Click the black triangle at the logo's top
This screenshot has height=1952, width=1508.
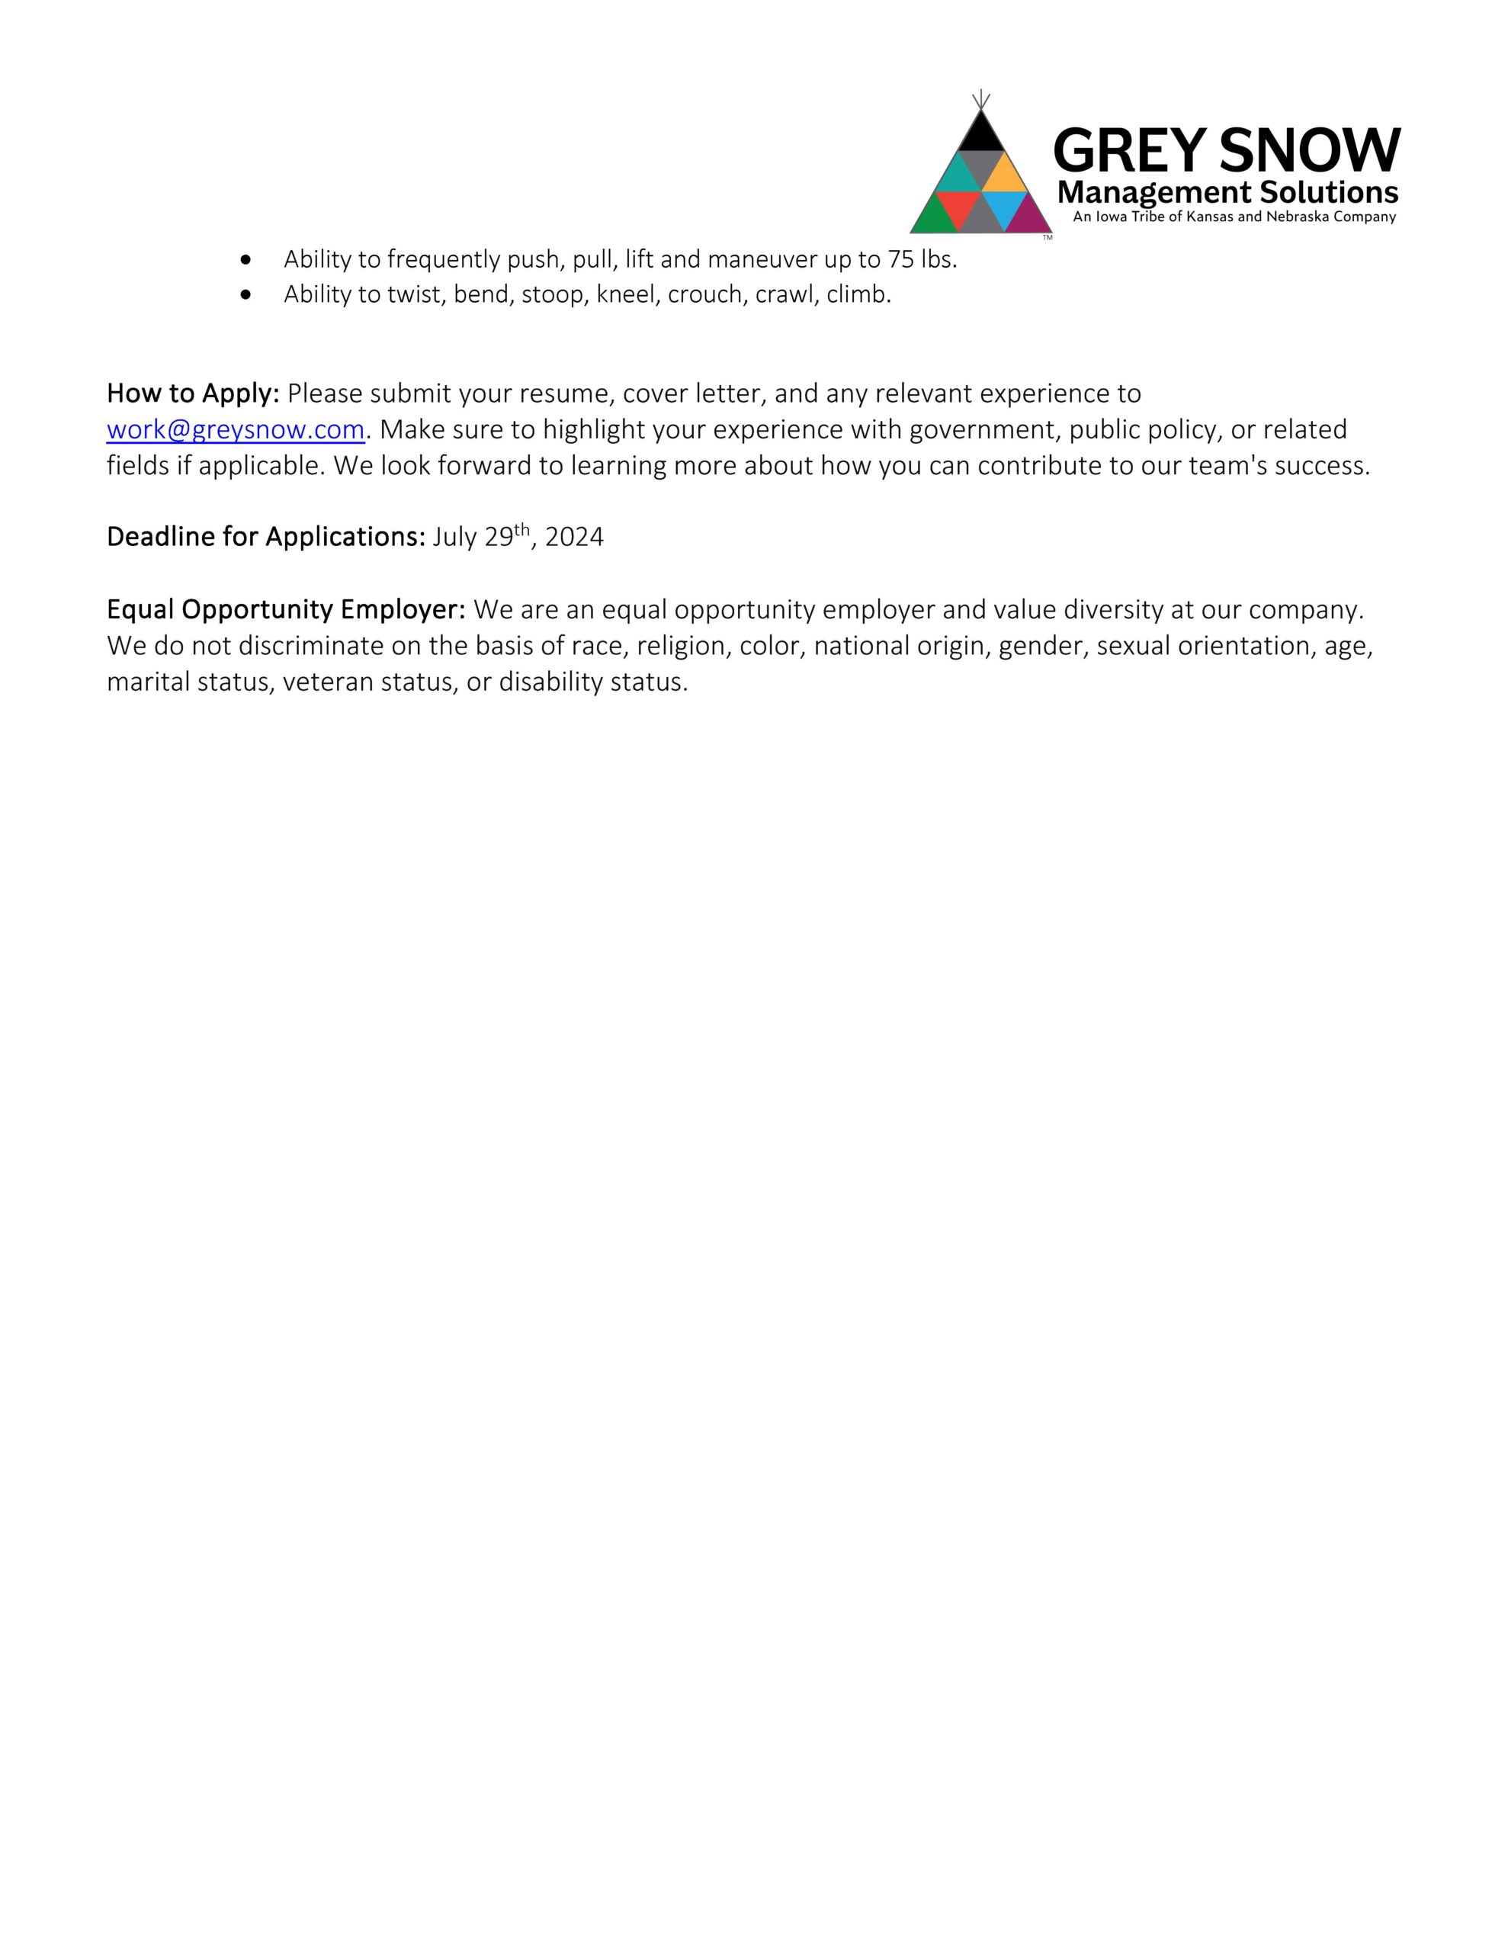[x=980, y=135]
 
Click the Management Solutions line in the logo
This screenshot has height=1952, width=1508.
[x=1227, y=192]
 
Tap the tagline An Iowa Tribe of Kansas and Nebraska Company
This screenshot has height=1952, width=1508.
[x=1234, y=217]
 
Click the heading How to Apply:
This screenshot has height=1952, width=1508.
[x=193, y=393]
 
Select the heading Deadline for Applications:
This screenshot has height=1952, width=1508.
[x=265, y=537]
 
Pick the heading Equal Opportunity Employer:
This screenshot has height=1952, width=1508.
[x=286, y=609]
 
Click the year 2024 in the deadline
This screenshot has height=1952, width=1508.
[x=574, y=537]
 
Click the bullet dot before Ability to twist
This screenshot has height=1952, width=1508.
[x=245, y=294]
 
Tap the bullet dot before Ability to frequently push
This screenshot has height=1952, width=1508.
[x=245, y=259]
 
